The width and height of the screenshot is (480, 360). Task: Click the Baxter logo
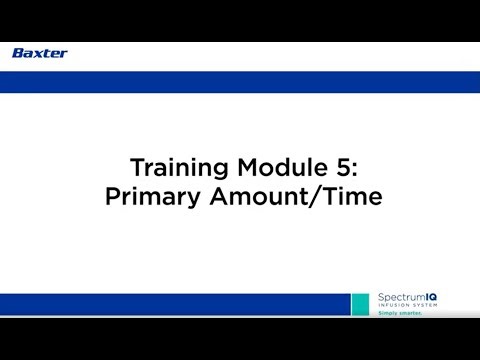[40, 53]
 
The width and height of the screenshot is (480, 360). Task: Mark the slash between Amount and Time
[315, 197]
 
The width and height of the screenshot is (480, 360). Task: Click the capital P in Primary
[111, 197]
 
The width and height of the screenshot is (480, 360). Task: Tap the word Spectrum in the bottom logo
[399, 298]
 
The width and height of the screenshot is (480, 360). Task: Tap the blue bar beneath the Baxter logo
[240, 81]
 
